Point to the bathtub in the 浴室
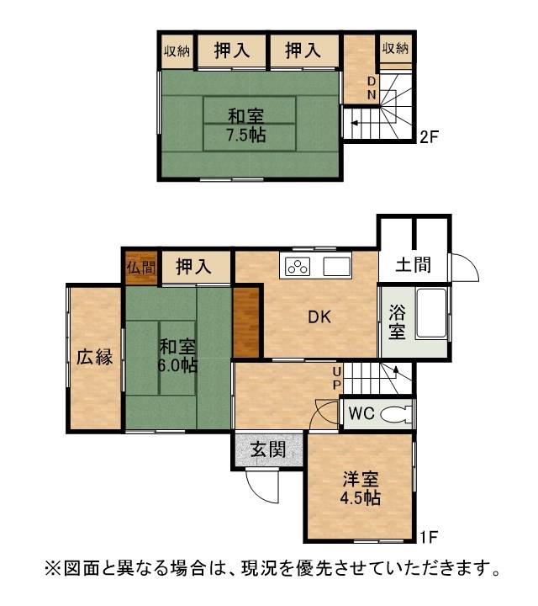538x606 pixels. click(431, 313)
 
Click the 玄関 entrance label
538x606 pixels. click(268, 449)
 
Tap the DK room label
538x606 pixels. click(319, 317)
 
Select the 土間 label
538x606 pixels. click(414, 265)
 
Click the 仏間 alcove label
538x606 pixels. click(141, 268)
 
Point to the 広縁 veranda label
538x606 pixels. click(94, 357)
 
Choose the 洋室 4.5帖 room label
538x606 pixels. click(361, 488)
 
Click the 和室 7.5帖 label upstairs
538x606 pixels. click(245, 125)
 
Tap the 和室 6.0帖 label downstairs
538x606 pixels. click(177, 355)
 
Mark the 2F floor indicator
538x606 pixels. click(430, 137)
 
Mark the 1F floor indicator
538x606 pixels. click(429, 536)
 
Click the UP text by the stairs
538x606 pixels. click(337, 379)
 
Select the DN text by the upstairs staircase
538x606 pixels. click(372, 88)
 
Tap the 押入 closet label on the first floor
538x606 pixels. click(193, 267)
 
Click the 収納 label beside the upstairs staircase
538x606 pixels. click(395, 48)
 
